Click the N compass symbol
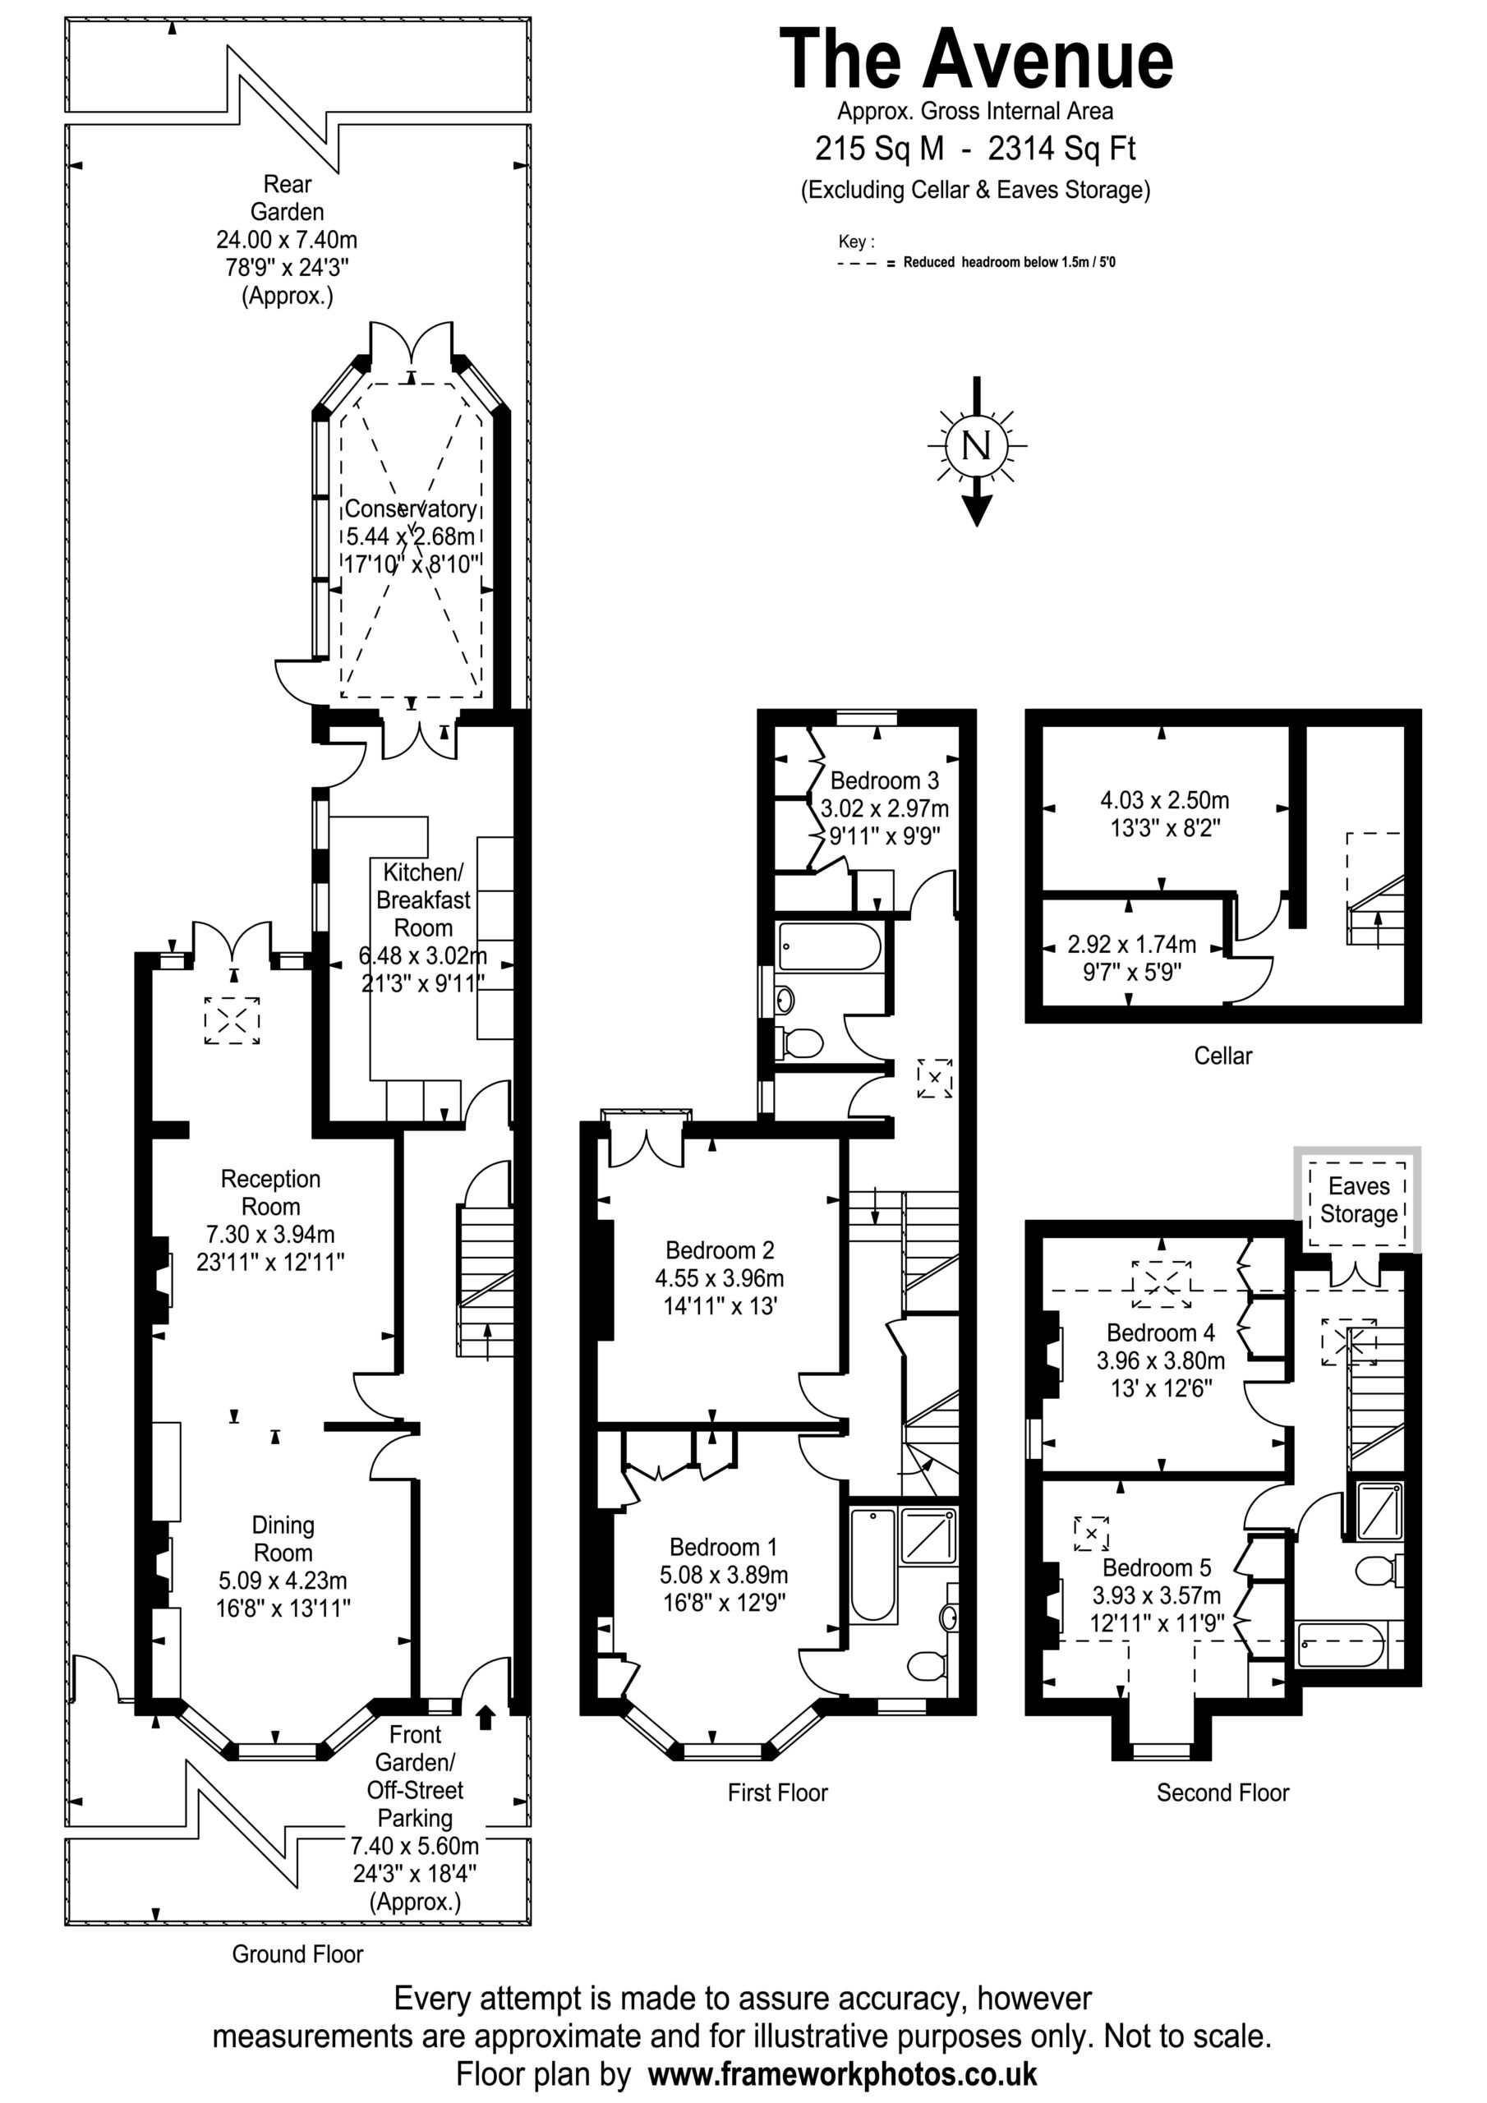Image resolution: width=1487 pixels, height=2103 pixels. (x=977, y=447)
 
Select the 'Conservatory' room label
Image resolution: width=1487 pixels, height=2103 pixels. (x=411, y=508)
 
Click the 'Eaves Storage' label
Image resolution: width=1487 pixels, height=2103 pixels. (x=1359, y=1200)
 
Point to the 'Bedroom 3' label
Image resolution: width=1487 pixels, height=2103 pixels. (x=884, y=780)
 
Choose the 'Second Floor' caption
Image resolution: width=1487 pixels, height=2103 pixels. (x=1222, y=1792)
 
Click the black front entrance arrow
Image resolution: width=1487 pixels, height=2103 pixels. (x=486, y=1716)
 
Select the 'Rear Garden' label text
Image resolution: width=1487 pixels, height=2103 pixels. (x=288, y=198)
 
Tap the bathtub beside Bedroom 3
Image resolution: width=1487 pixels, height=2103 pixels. (x=830, y=946)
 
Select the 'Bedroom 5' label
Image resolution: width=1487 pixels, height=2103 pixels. (x=1156, y=1567)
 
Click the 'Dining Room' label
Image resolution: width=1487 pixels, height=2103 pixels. (x=283, y=1539)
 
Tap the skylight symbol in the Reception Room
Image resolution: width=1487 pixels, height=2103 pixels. (x=232, y=1020)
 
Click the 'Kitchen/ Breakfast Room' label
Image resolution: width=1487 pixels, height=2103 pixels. (x=423, y=900)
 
